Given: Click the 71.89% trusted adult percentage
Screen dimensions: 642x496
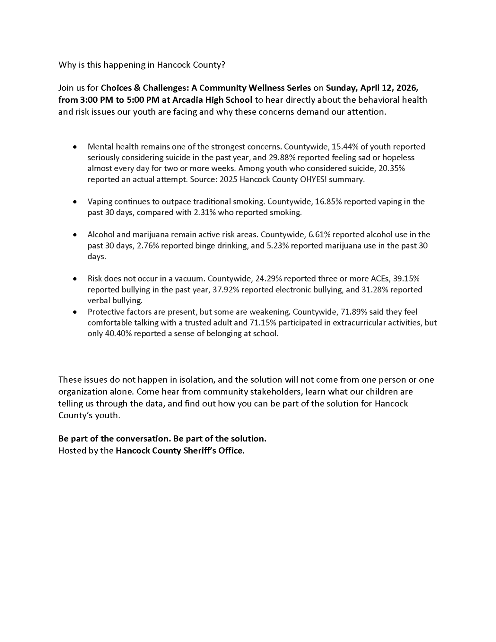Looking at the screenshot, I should [x=352, y=312].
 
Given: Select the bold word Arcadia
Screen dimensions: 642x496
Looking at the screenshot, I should [x=187, y=100].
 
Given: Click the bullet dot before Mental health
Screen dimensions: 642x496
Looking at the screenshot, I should [x=75, y=147].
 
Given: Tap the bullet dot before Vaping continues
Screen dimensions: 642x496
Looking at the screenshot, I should [x=75, y=202].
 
